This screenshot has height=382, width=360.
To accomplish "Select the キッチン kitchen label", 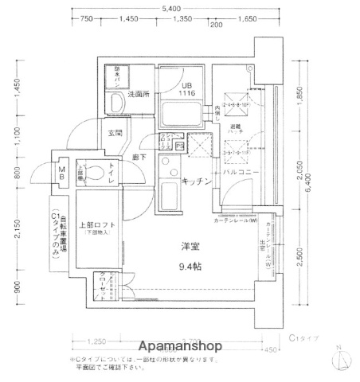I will [196, 181].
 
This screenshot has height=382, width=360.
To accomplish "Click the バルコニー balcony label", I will [238, 172].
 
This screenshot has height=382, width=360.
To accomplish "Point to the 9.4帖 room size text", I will [190, 267].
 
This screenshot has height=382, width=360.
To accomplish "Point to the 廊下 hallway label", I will [139, 158].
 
